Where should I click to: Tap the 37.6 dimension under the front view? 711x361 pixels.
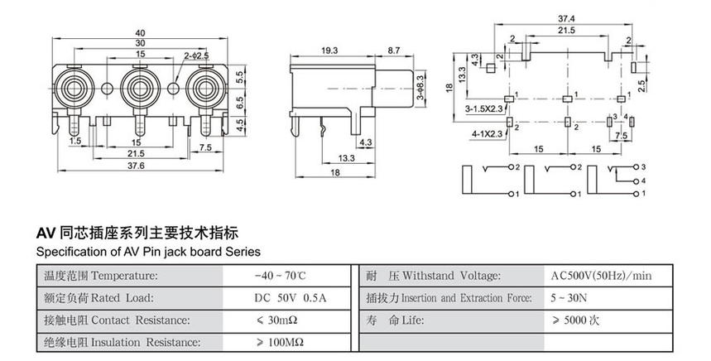tap(137, 165)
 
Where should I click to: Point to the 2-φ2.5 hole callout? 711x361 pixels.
tap(196, 56)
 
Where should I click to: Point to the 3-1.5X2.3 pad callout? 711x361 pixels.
tap(484, 108)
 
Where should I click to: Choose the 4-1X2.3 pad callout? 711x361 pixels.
tap(483, 132)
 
